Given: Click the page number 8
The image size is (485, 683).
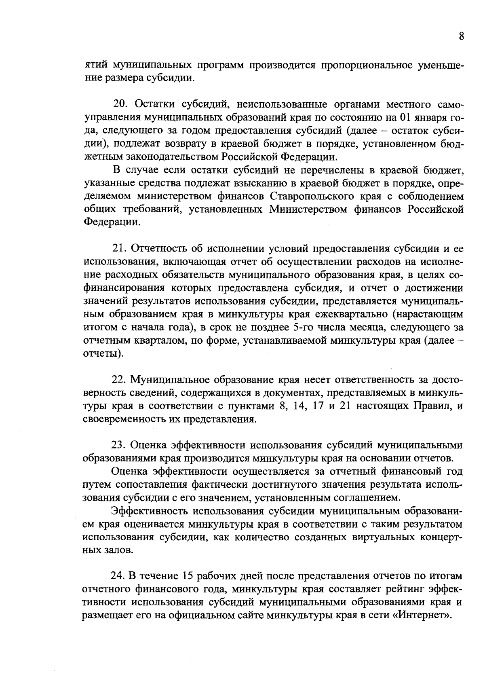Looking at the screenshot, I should point(461,36).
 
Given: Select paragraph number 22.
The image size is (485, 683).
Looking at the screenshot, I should point(119,380).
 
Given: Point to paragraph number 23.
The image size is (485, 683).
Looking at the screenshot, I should point(119,445).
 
